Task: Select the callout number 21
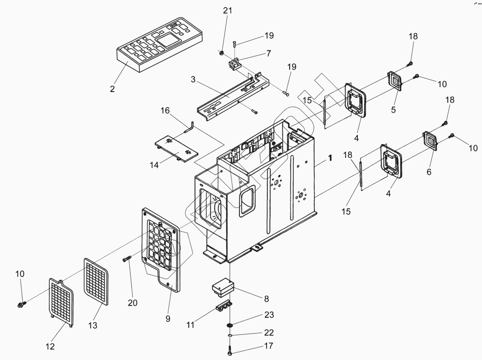pos(227,11)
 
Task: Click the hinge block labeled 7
pos(235,64)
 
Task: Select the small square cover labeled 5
pos(395,82)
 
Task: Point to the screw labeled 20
pos(127,260)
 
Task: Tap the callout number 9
pos(168,319)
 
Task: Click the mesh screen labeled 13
pos(96,280)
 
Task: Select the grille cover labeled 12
pos(61,301)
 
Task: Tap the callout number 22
pos(269,333)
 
